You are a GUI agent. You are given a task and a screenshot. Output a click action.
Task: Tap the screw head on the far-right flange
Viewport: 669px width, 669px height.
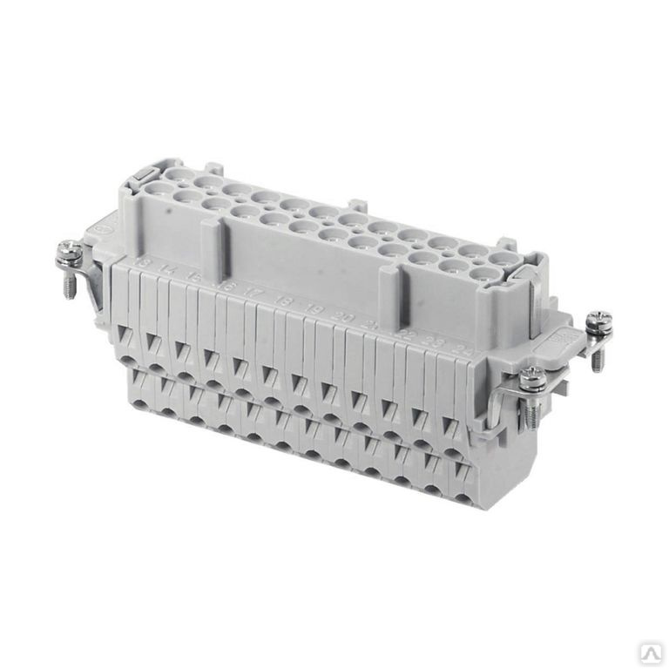[x=598, y=321]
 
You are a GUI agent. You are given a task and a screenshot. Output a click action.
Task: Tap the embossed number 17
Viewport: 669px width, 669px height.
[x=253, y=292]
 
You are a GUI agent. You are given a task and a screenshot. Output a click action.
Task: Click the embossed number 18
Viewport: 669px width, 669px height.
[x=284, y=301]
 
